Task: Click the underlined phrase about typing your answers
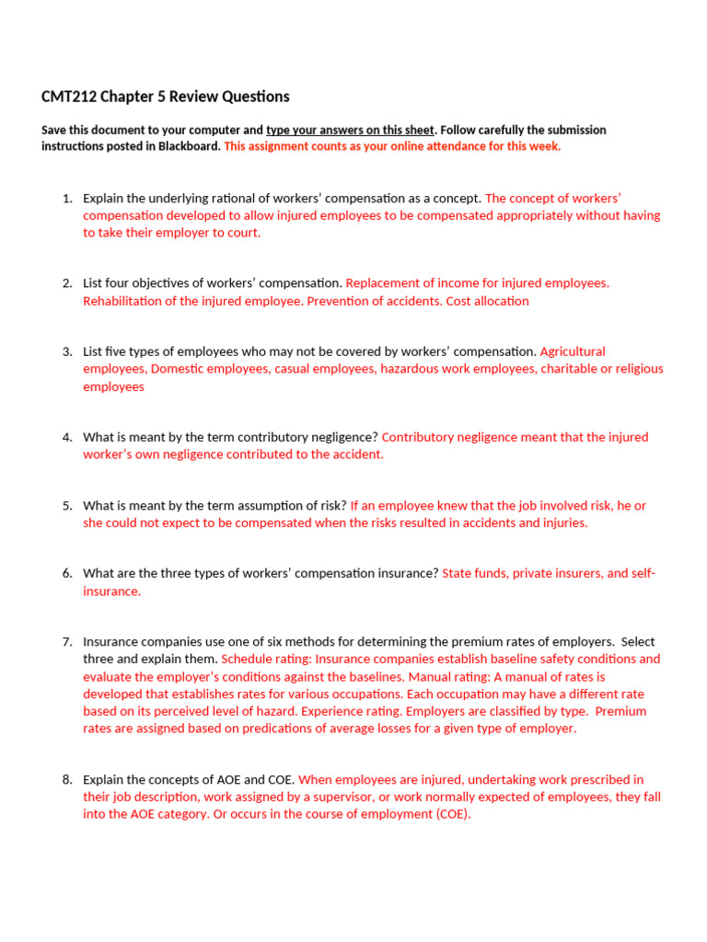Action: point(350,130)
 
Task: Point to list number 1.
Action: point(66,198)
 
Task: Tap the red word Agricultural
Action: point(573,351)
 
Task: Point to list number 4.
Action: point(66,437)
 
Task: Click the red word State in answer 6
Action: point(458,573)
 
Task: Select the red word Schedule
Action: point(249,659)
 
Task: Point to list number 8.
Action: point(66,779)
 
